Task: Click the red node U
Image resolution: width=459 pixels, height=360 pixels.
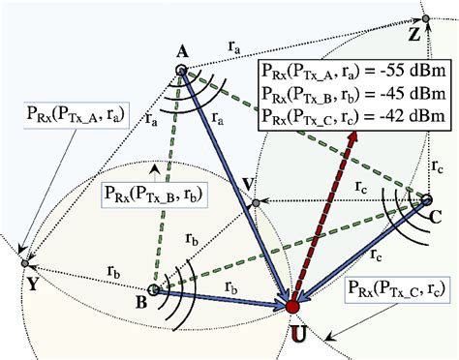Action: [x=292, y=307]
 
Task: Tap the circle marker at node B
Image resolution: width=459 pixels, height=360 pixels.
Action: [x=153, y=288]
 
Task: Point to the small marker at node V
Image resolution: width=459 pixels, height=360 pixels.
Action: [x=254, y=203]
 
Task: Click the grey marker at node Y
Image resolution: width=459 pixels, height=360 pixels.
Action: [x=24, y=262]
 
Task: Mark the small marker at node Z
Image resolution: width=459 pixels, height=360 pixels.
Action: [x=423, y=18]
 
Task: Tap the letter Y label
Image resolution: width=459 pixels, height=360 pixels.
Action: [x=33, y=285]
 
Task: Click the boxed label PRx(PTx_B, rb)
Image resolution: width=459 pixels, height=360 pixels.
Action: [x=147, y=192]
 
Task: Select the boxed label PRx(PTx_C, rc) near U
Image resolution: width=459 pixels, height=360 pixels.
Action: [x=394, y=291]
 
